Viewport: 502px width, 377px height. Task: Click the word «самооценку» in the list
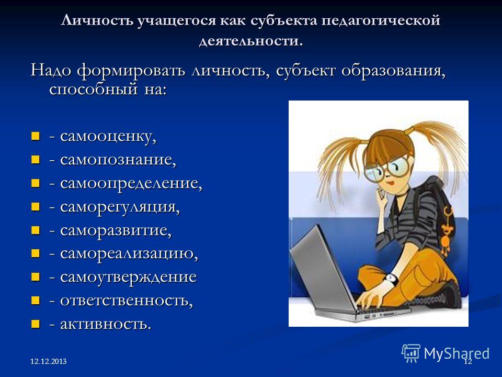(108, 137)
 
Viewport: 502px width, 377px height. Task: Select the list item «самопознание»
(118, 160)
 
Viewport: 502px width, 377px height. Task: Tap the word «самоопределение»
(131, 184)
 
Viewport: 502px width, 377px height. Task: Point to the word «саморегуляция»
(120, 207)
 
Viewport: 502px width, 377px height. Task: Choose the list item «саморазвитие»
(116, 231)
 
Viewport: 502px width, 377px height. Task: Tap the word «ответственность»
(127, 301)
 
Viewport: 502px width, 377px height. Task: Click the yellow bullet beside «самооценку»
(35, 136)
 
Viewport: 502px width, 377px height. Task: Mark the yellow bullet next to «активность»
(35, 324)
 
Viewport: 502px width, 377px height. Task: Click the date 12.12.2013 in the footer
(48, 362)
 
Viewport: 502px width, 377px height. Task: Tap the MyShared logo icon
(411, 353)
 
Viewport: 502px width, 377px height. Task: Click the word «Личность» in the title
(97, 21)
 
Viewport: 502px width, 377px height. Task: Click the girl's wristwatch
(391, 279)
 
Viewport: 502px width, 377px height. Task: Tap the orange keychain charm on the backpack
(446, 229)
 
